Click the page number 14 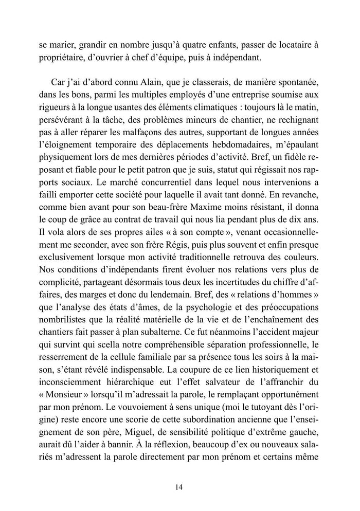(x=179, y=487)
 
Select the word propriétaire (x=66, y=58)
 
